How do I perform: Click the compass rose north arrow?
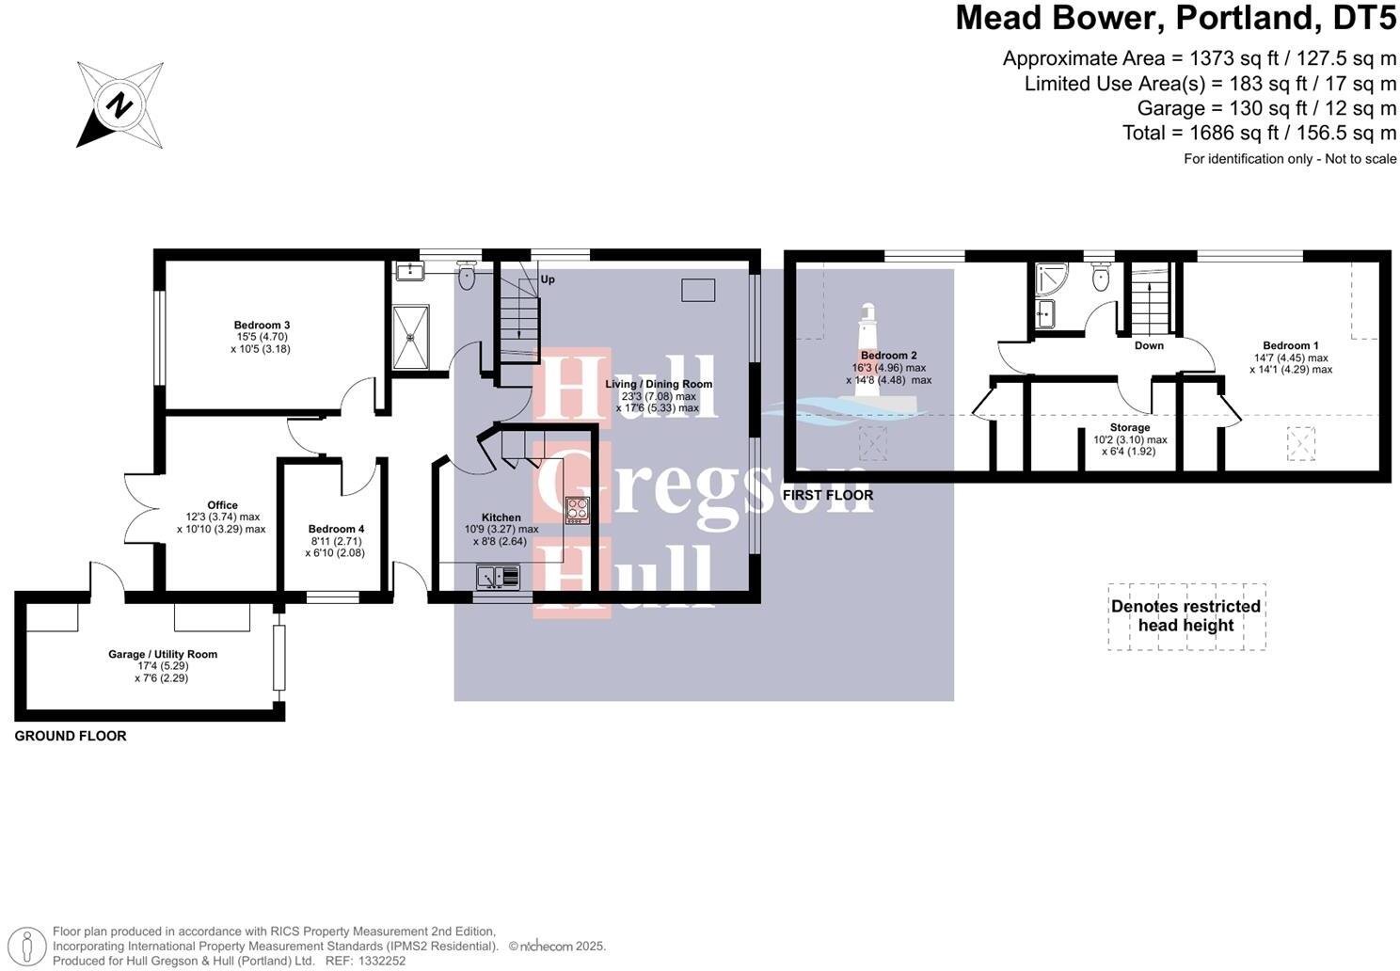pyautogui.click(x=119, y=104)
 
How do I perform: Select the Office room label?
pyautogui.click(x=222, y=505)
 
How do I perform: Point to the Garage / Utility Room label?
pyautogui.click(x=163, y=655)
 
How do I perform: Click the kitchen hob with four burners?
pyautogui.click(x=577, y=510)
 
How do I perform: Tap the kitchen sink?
pyautogui.click(x=498, y=576)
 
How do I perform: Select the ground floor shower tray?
pyautogui.click(x=410, y=336)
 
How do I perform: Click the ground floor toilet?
pyautogui.click(x=468, y=277)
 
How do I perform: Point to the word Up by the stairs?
pyautogui.click(x=548, y=279)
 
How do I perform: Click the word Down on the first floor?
pyautogui.click(x=1149, y=345)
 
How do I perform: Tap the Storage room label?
pyautogui.click(x=1129, y=428)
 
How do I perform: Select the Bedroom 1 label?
pyautogui.click(x=1290, y=346)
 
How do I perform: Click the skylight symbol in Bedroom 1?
pyautogui.click(x=1301, y=442)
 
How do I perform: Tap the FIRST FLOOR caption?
pyautogui.click(x=828, y=495)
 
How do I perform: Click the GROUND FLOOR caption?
pyautogui.click(x=71, y=736)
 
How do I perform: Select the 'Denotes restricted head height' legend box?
pyautogui.click(x=1185, y=616)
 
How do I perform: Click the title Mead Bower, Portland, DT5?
pyautogui.click(x=1175, y=18)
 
